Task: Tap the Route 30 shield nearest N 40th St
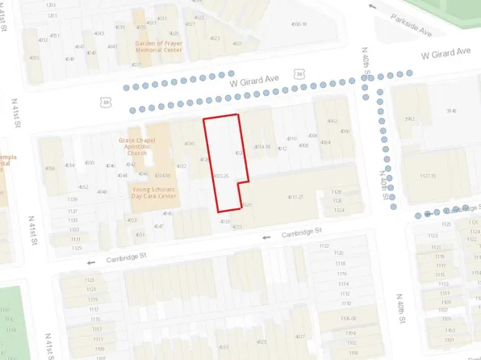[300, 73]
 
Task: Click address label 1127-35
[427, 175]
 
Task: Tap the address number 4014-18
[261, 147]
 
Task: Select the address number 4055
[35, 57]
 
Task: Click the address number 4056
[50, 168]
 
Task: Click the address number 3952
[409, 119]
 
